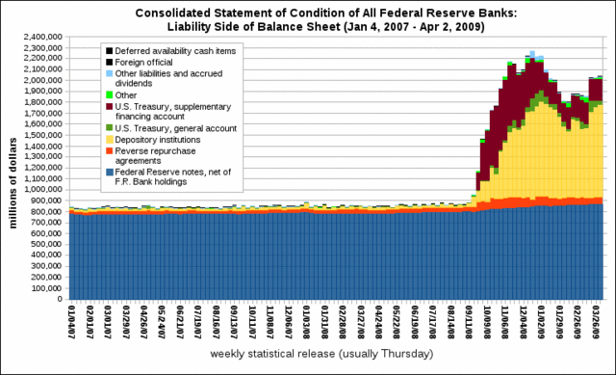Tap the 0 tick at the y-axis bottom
(x=62, y=299)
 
